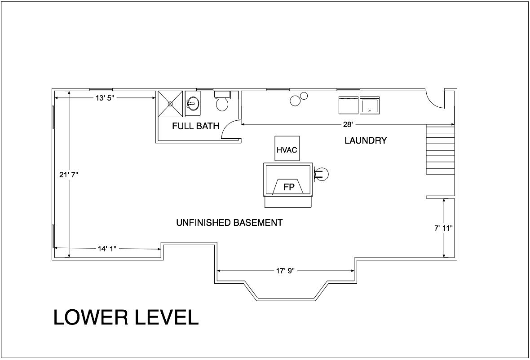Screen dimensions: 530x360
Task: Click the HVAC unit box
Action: (287, 148)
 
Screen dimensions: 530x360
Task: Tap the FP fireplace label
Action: (289, 187)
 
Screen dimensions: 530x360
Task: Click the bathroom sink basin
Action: (193, 103)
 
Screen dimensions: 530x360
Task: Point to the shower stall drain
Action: (170, 104)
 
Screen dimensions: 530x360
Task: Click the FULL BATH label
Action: (196, 126)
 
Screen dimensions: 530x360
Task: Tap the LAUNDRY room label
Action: (366, 140)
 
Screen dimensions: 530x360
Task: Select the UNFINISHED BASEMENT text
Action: (229, 223)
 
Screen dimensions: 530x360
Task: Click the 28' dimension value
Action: (348, 125)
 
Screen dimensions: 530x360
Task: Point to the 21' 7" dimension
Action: (69, 175)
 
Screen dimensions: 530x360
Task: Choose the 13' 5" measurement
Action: (106, 98)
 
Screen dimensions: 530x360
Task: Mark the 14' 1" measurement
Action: (107, 249)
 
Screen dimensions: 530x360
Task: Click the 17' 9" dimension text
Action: (286, 271)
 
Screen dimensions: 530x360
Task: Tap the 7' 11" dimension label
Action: (443, 228)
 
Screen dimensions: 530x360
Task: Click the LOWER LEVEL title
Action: (126, 317)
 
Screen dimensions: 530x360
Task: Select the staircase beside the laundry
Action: (440, 149)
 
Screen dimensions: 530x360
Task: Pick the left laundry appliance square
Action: (348, 105)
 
